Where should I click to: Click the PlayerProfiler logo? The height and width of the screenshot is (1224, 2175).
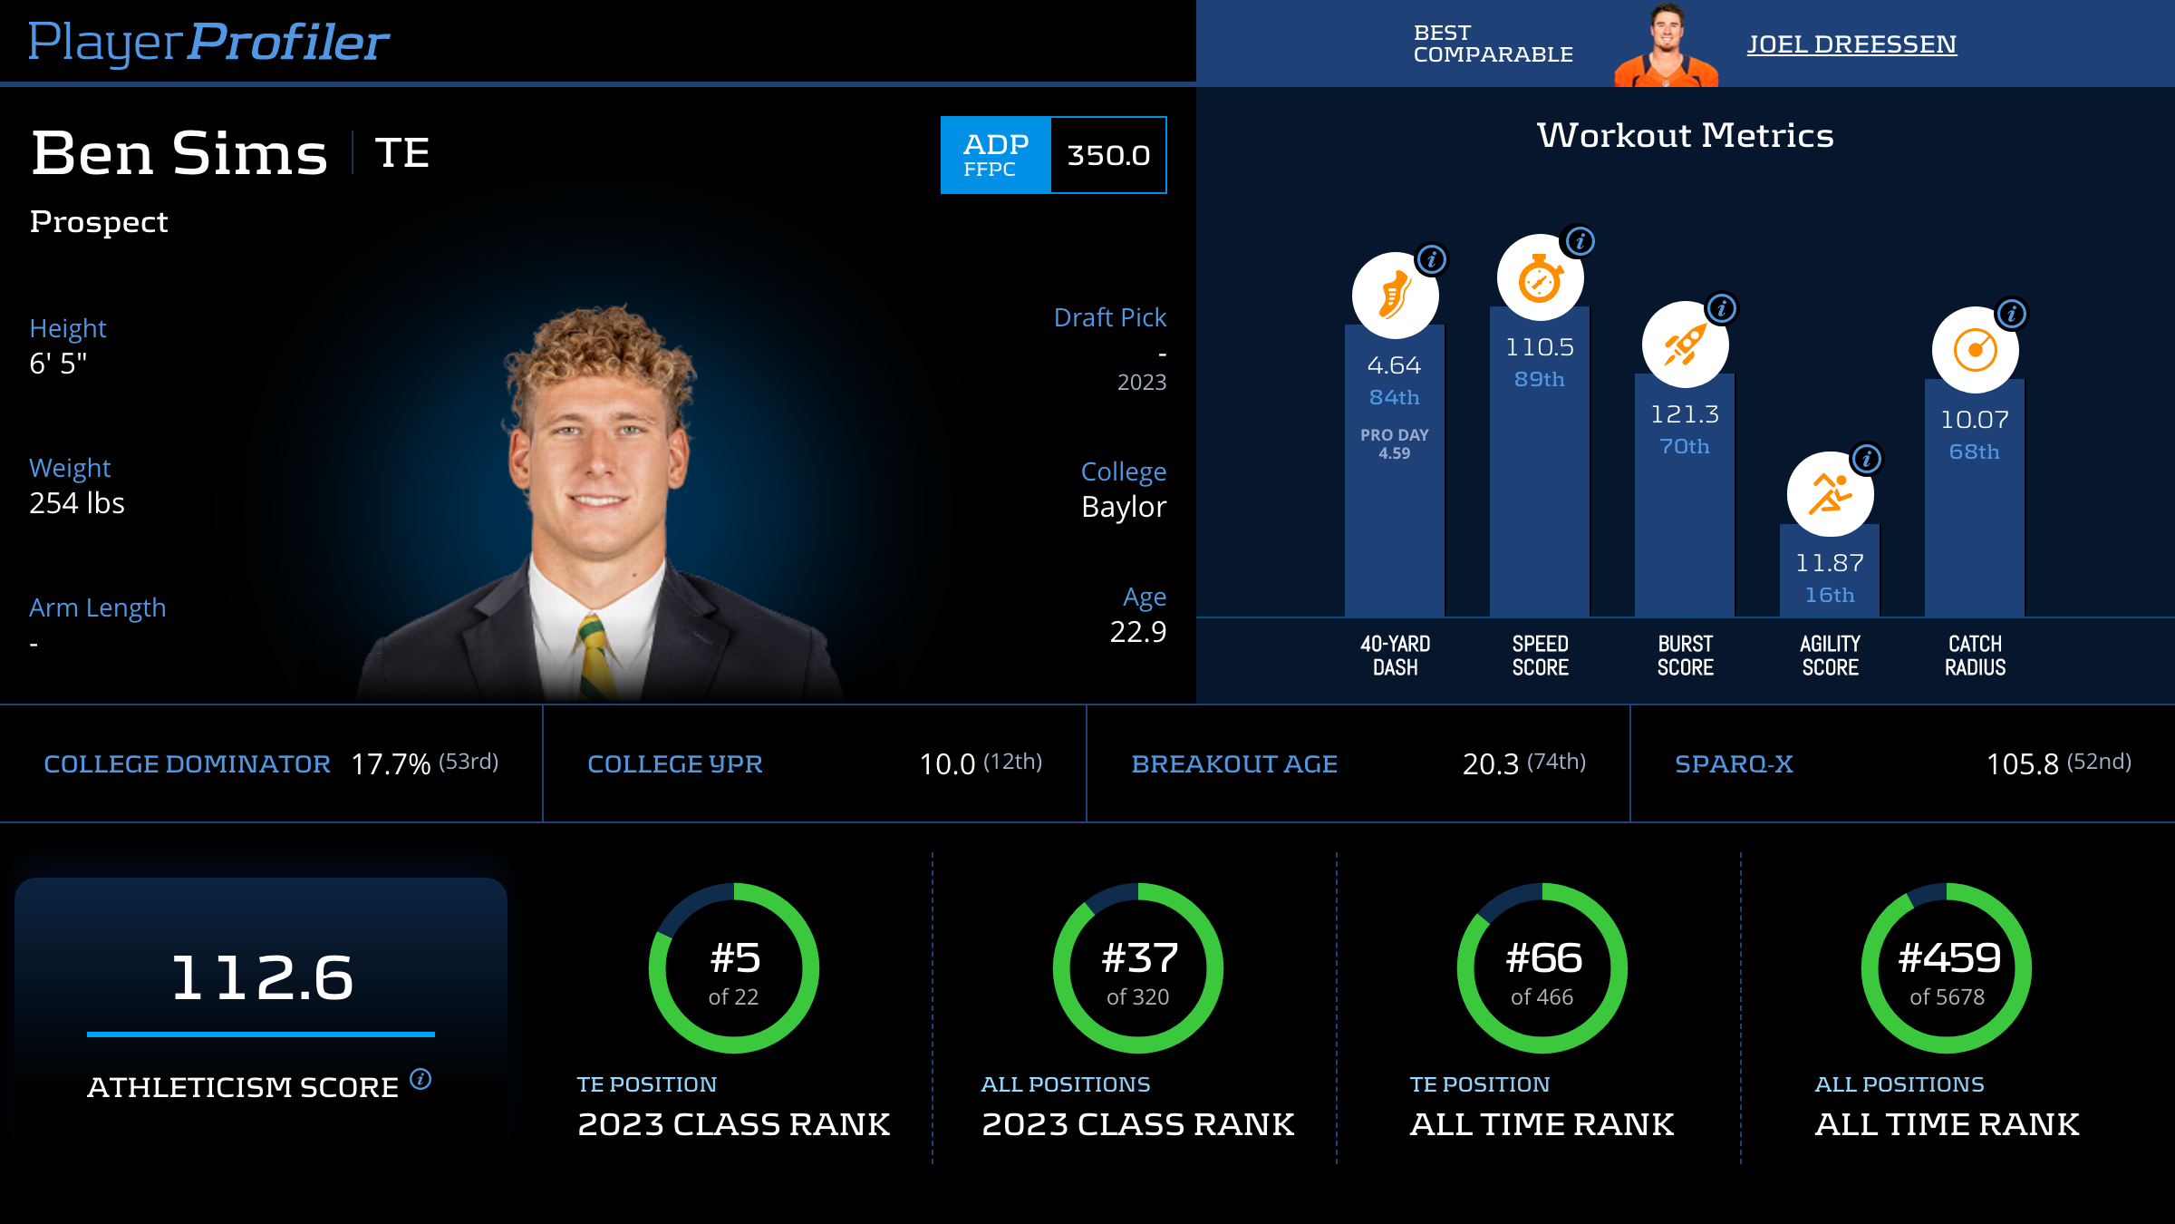click(x=208, y=42)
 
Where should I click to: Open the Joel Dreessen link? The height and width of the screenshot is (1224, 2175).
click(x=1851, y=44)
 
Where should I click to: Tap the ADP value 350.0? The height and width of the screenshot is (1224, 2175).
click(x=1108, y=155)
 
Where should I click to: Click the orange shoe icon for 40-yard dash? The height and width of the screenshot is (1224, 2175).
click(x=1395, y=296)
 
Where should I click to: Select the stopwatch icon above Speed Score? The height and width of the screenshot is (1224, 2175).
click(x=1540, y=278)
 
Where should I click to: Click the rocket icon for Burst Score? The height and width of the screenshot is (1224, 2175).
click(x=1685, y=345)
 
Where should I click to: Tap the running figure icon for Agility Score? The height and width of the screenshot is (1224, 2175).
click(x=1830, y=495)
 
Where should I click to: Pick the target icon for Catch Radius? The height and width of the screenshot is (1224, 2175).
click(x=1975, y=351)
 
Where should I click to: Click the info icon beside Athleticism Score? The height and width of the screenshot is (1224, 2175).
click(x=420, y=1079)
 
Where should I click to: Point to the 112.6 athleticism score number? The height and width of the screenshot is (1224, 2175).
click(x=262, y=977)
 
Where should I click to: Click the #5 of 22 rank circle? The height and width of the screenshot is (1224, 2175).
click(x=734, y=968)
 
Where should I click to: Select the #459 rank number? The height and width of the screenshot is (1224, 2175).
click(x=1949, y=958)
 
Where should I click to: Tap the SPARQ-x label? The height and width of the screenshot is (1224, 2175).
click(x=1734, y=764)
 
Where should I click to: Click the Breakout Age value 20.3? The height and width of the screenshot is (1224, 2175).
click(x=1490, y=764)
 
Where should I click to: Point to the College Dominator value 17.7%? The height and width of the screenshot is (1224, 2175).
click(x=391, y=764)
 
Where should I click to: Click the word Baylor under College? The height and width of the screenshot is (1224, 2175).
click(x=1124, y=507)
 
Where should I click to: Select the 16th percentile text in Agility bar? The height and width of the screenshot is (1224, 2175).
click(x=1830, y=595)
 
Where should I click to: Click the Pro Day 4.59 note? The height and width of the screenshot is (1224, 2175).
click(x=1395, y=444)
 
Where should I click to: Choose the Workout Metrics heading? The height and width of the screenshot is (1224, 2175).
click(x=1685, y=136)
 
